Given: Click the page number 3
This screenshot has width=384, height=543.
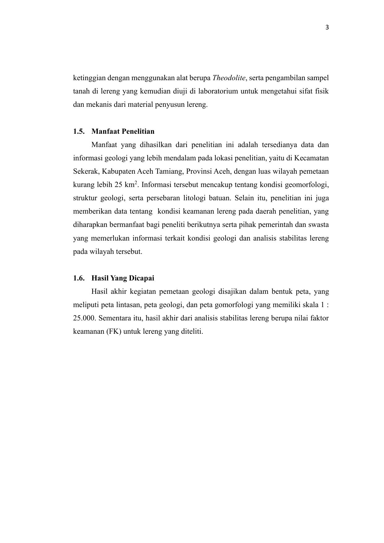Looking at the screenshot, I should point(327,28).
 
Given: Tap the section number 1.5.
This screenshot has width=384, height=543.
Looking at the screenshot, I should point(79,131).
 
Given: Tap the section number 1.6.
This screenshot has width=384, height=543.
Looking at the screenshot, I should point(79,278).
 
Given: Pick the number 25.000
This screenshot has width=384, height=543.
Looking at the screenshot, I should point(84,318).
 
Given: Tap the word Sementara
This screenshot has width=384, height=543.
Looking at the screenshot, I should point(114,318).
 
